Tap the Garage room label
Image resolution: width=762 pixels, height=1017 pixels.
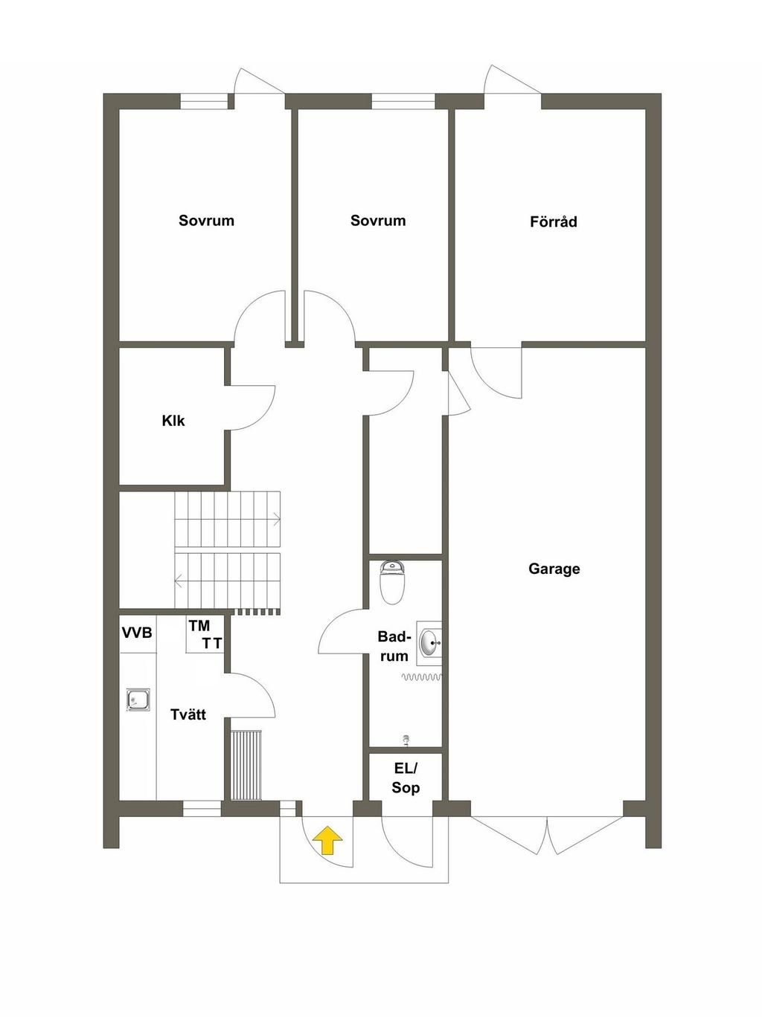pos(554,569)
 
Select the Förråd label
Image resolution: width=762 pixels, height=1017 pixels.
pos(553,222)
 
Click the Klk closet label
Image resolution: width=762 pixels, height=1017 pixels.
pos(173,421)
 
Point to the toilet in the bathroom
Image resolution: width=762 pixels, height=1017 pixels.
pos(392,582)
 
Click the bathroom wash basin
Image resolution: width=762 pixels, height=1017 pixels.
pos(429,642)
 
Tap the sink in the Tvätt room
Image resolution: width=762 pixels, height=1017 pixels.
pos(138,700)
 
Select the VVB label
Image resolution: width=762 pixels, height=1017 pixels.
pos(137,633)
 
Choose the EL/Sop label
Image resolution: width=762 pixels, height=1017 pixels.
pos(406,778)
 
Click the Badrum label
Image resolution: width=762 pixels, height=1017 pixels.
pos(394,646)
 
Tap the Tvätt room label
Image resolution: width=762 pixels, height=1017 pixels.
pos(188,714)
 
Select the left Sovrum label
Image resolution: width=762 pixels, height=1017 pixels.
pos(206,221)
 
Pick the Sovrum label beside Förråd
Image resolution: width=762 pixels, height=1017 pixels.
pos(378,221)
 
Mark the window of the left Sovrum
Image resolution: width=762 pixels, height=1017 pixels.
pos(204,101)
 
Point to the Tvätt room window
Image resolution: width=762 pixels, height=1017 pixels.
pos(202,809)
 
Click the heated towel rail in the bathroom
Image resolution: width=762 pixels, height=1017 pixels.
pos(422,677)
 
